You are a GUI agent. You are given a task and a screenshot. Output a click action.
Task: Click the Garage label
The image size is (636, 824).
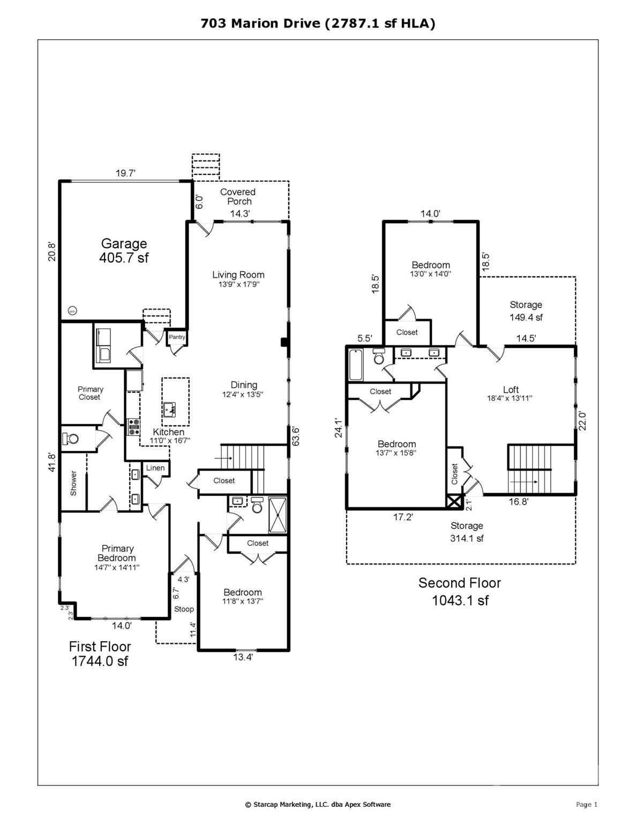pos(124,244)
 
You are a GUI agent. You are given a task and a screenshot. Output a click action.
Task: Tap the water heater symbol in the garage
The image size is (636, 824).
pos(72,311)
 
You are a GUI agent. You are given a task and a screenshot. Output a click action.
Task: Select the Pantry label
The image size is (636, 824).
pos(177,337)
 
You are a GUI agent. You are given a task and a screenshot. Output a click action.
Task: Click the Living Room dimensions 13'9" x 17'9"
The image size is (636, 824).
pos(238,284)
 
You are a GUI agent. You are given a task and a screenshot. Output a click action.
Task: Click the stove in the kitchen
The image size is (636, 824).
pos(133,427)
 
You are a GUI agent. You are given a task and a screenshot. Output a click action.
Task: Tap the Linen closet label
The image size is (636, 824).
pos(155,468)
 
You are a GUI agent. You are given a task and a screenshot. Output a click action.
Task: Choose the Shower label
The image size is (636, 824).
pos(73,483)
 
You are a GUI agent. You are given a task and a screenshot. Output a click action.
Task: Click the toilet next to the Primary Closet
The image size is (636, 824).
pos(70,438)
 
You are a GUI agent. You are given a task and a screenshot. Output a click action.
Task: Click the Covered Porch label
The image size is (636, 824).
pos(238,196)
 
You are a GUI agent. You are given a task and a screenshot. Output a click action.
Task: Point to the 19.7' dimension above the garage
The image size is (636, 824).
pos(125,173)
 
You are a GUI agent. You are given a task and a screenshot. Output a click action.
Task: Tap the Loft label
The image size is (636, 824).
pos(511,389)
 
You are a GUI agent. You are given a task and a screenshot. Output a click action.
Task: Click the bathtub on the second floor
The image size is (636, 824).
pos(356,365)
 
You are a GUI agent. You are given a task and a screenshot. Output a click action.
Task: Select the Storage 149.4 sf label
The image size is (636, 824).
pos(526,311)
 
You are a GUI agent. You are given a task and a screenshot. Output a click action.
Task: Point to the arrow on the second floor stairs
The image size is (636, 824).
pos(525,482)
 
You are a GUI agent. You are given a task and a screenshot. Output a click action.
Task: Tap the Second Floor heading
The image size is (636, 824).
pos(460,583)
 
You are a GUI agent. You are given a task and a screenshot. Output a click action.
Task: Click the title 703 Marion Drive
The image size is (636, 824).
pos(261,24)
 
